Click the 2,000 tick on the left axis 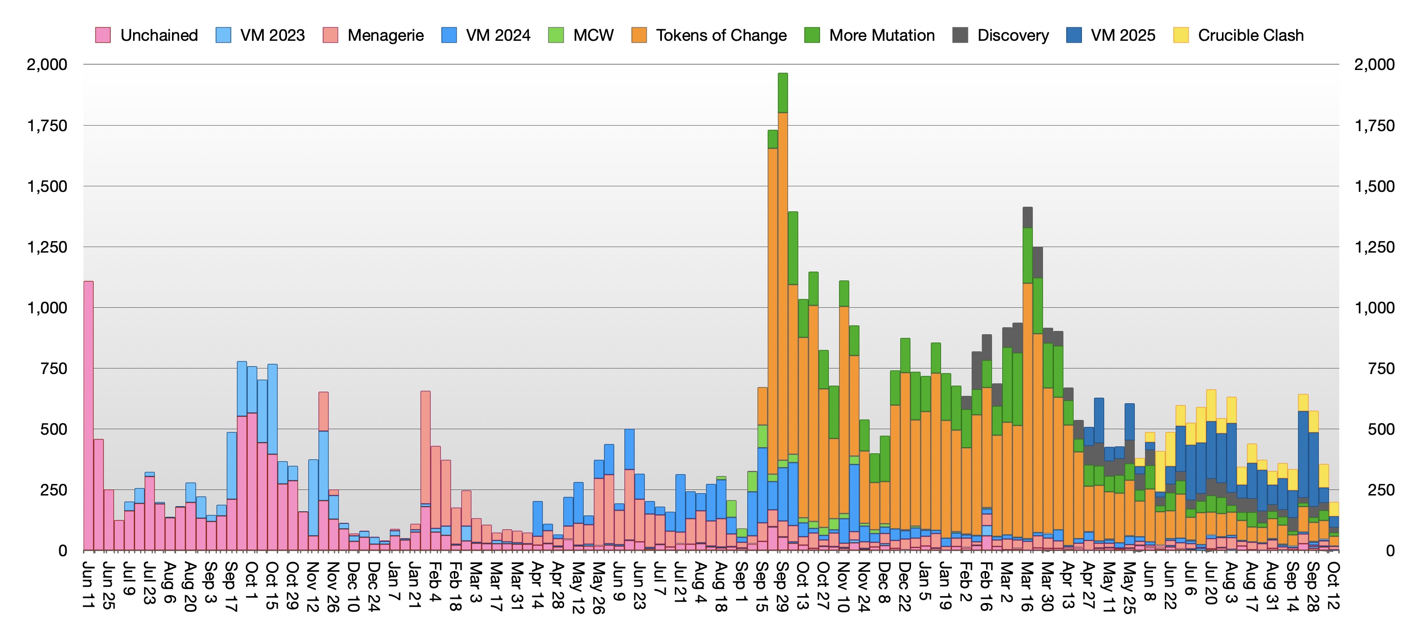point(47,65)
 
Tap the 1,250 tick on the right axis point(1374,247)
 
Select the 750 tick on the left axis point(54,369)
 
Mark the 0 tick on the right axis point(1390,551)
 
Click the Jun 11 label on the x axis point(89,585)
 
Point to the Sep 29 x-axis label point(782,587)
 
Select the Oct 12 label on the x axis point(1333,586)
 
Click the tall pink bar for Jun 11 point(89,415)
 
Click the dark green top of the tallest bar point(783,93)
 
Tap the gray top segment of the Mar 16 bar point(1027,217)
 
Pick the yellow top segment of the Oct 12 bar point(1334,509)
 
